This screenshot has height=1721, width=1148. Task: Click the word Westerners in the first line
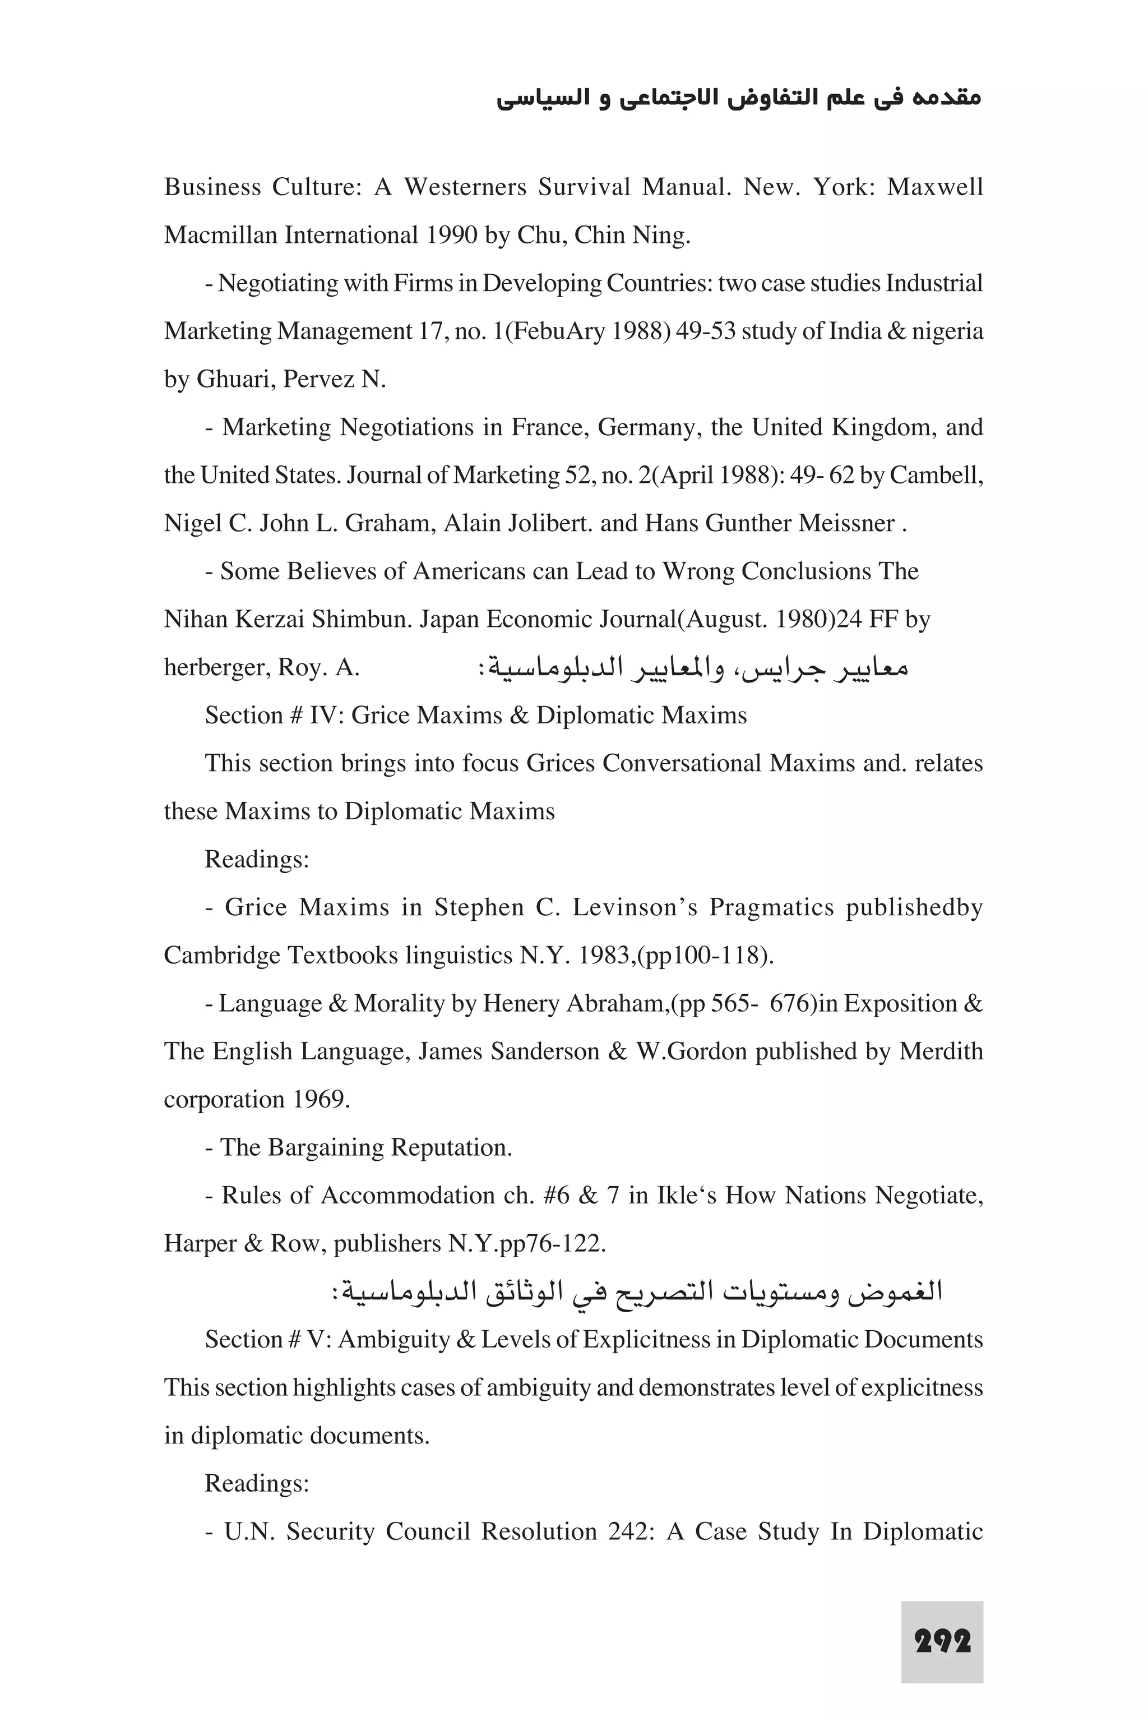[x=465, y=187]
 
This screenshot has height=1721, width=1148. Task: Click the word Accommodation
[x=408, y=1195]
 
